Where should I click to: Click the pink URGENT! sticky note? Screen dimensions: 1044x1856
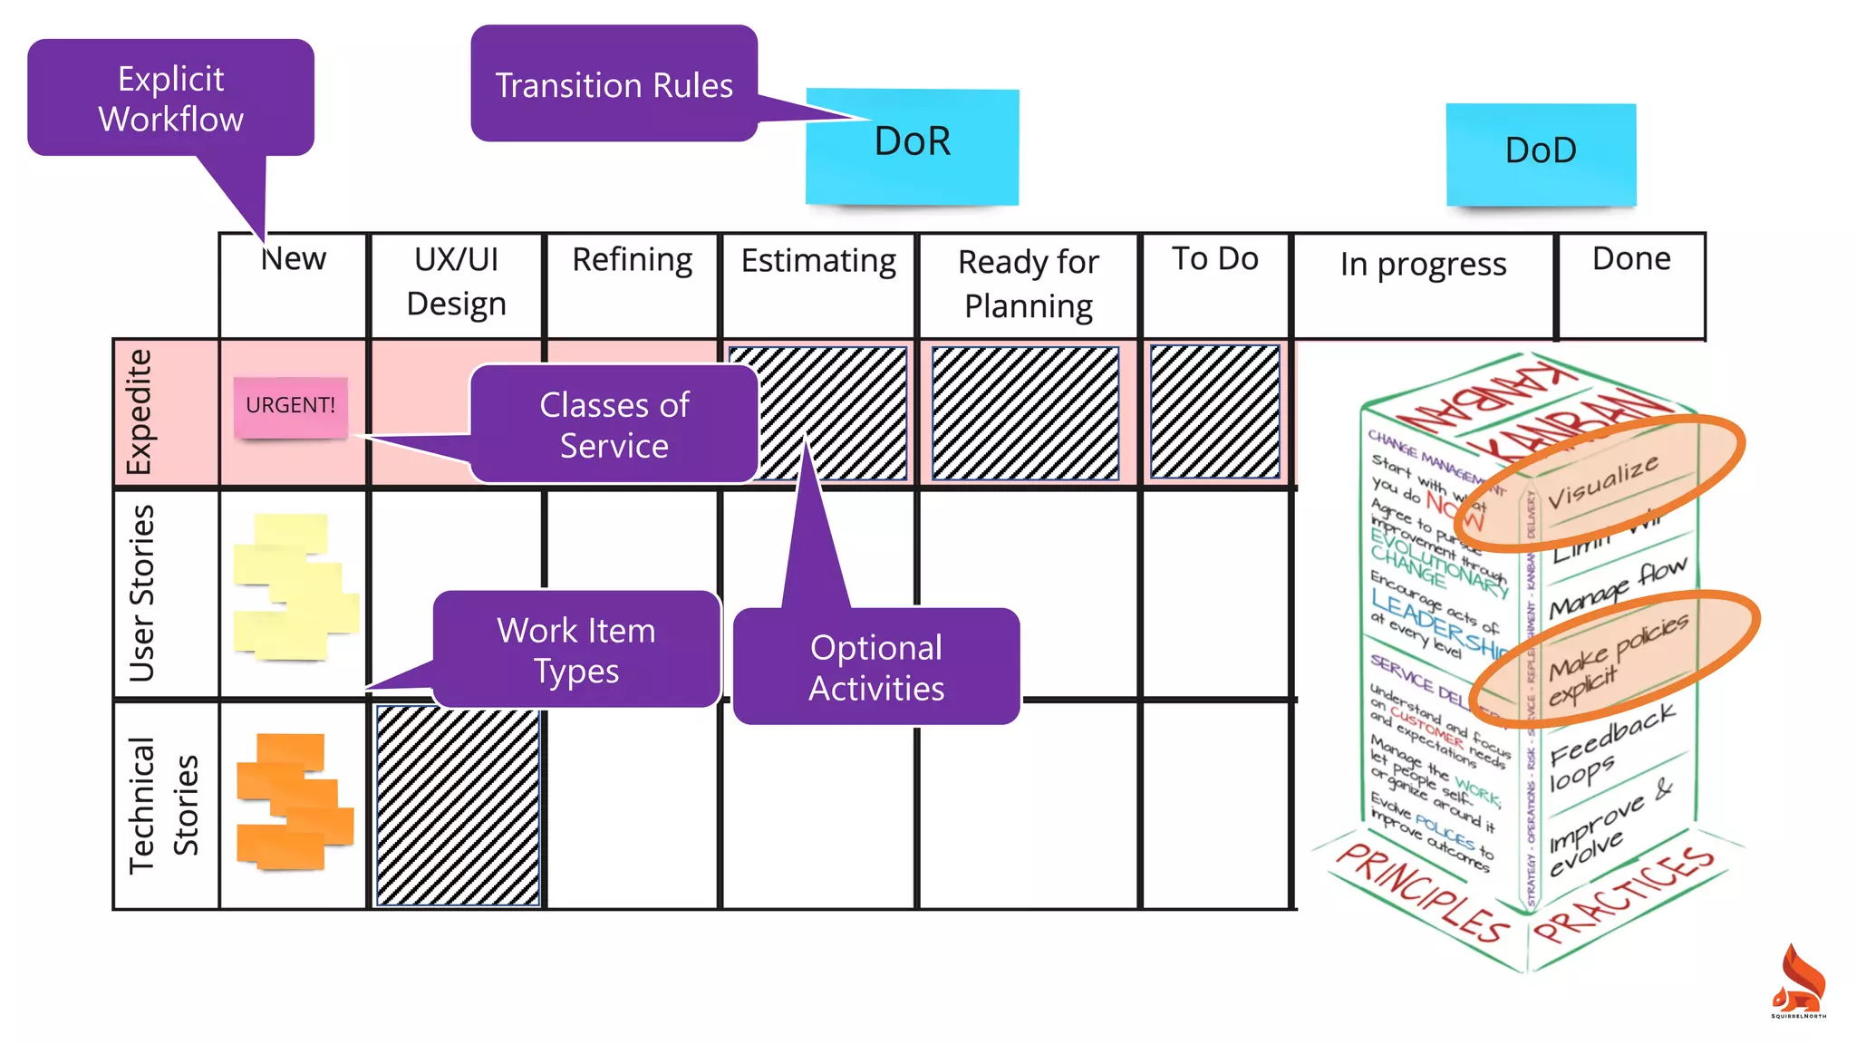tap(290, 407)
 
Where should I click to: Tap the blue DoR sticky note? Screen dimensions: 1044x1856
tap(912, 147)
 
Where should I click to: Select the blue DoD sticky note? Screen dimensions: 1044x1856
tap(1541, 154)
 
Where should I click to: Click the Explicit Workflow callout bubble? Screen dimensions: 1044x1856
tap(170, 98)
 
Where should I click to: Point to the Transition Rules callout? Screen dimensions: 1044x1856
tap(614, 84)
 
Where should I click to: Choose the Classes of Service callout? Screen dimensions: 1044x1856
tap(614, 424)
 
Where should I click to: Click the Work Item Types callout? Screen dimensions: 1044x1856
tap(576, 649)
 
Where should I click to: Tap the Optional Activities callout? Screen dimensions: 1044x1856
tap(875, 667)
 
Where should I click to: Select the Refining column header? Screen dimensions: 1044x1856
tap(632, 260)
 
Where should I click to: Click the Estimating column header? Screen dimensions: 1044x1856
tap(818, 261)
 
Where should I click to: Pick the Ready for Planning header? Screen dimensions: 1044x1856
tap(1028, 284)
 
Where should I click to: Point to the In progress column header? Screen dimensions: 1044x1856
tap(1423, 265)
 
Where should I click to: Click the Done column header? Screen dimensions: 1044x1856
tap(1631, 259)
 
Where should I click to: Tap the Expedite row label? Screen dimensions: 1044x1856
tap(139, 412)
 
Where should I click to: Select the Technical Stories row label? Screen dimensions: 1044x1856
tap(163, 805)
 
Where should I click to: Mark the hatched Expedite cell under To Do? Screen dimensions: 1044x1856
tap(1214, 412)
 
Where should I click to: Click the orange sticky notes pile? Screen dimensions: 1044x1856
tap(293, 802)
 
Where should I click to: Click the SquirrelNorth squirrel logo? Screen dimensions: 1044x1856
tap(1798, 981)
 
